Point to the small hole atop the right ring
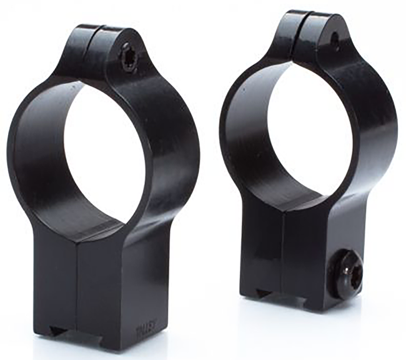coord(335,42)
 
